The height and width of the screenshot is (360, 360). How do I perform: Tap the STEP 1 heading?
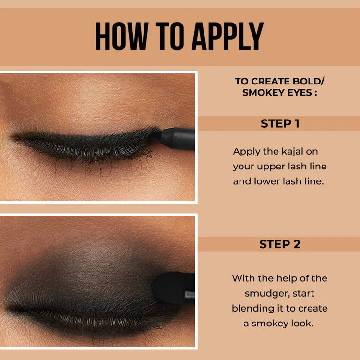(280, 123)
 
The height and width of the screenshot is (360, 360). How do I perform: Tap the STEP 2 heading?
(280, 244)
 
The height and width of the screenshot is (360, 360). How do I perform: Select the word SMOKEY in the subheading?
(262, 92)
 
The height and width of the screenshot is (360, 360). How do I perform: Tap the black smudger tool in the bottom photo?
(173, 288)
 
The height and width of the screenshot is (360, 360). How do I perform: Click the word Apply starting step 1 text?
(246, 152)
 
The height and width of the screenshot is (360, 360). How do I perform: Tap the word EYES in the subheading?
(299, 92)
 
